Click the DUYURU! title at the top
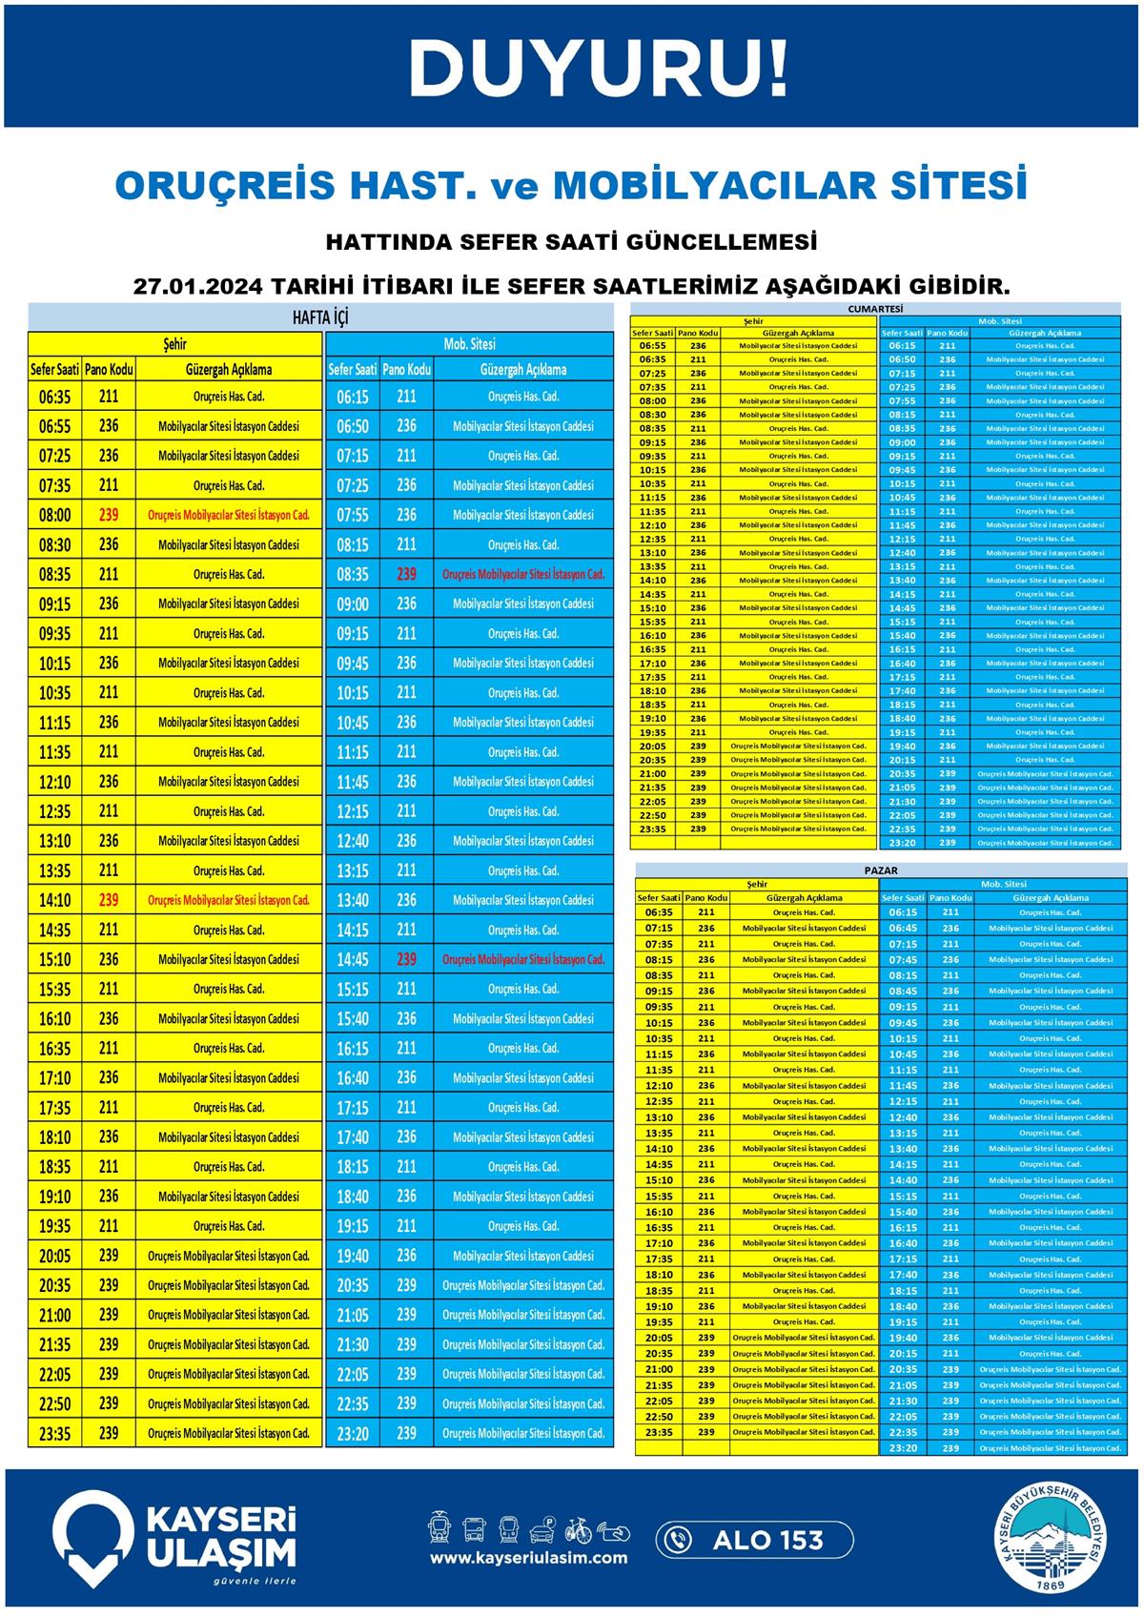click(x=599, y=69)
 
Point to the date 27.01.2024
click(x=195, y=286)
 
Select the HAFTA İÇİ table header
click(x=320, y=317)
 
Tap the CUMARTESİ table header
click(x=875, y=309)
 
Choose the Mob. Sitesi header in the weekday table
click(x=469, y=343)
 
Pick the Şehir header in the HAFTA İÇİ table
click(x=175, y=343)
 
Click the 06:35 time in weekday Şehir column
click(x=54, y=397)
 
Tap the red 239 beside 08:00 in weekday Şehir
click(x=109, y=515)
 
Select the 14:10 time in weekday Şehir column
click(x=54, y=900)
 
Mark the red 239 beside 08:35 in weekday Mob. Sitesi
click(x=407, y=574)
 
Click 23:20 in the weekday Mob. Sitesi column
click(x=353, y=1433)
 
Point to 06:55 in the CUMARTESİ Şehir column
click(x=653, y=346)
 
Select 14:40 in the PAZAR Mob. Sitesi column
click(x=903, y=1180)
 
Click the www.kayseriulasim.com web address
click(x=528, y=1558)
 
